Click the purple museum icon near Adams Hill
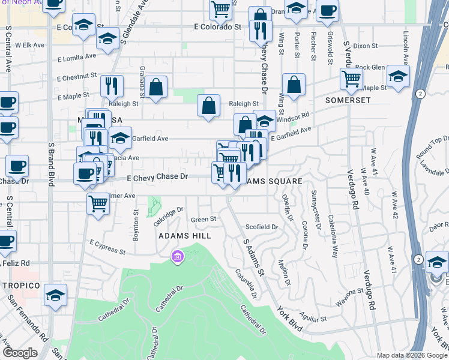177,257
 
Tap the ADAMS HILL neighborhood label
184,236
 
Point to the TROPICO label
20,285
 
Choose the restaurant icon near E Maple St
112,86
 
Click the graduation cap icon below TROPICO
55,295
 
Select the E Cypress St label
107,247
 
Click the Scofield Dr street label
262,227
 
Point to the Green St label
203,220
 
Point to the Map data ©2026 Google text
412,355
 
